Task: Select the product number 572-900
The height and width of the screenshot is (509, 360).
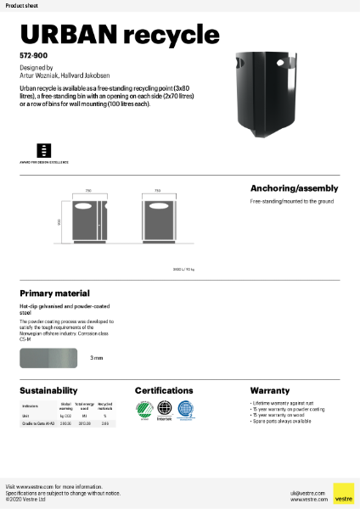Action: pyautogui.click(x=33, y=54)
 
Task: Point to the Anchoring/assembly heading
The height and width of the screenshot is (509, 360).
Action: pyautogui.click(x=294, y=188)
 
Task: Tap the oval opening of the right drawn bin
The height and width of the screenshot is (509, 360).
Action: pyautogui.click(x=158, y=206)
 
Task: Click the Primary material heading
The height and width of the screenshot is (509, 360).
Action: pyautogui.click(x=55, y=291)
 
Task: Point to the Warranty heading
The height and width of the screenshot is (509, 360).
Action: pyautogui.click(x=269, y=390)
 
